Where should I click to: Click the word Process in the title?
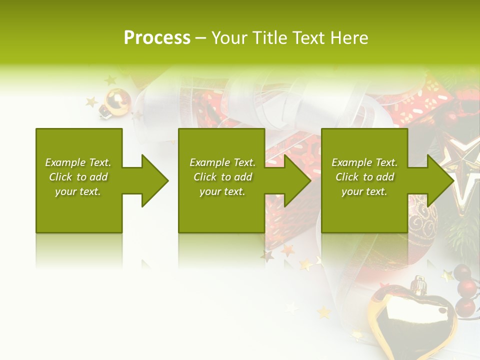pyautogui.click(x=157, y=37)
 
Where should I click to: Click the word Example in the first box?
pyautogui.click(x=65, y=162)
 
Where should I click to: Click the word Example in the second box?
pyautogui.click(x=209, y=162)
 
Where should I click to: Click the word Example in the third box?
pyautogui.click(x=351, y=162)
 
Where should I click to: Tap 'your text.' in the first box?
pyautogui.click(x=78, y=191)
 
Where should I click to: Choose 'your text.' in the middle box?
pyautogui.click(x=222, y=191)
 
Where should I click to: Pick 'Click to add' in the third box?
pyautogui.click(x=364, y=177)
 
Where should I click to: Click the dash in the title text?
pyautogui.click(x=201, y=38)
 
